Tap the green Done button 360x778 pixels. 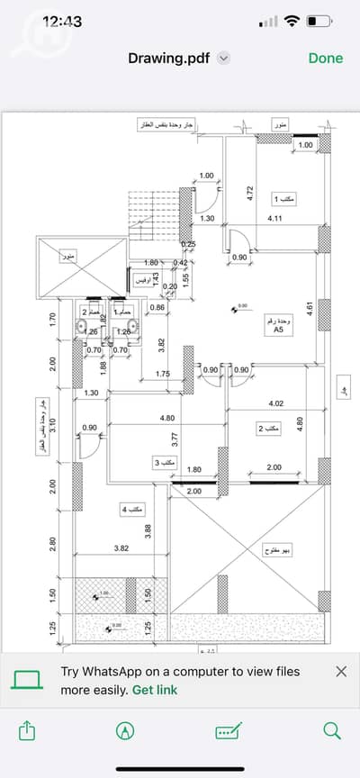tap(325, 58)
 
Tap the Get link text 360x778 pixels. tap(155, 690)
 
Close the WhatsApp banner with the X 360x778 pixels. tap(341, 672)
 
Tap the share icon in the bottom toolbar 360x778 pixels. tap(26, 730)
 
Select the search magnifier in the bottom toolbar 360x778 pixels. tap(331, 730)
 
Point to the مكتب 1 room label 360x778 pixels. tap(288, 198)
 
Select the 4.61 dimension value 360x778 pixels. tap(309, 310)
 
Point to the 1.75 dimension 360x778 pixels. tap(163, 374)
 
